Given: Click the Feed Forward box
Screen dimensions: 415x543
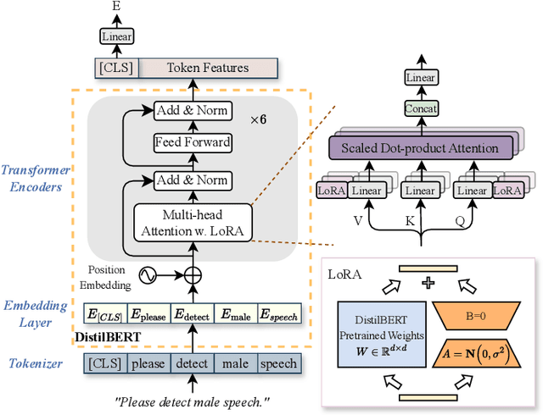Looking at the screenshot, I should coord(192,142).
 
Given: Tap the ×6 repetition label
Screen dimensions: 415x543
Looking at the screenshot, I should coord(258,119).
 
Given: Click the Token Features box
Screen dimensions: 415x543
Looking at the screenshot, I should coord(208,69).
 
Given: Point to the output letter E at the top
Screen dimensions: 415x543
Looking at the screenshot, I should coord(115,7).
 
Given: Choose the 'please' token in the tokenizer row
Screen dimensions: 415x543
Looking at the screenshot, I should coord(148,363).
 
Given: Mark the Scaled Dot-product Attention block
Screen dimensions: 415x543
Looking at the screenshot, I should coord(420,149).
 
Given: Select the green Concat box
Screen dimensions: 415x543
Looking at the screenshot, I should coord(420,108).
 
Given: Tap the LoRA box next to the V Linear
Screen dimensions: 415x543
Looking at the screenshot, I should coord(332,191).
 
